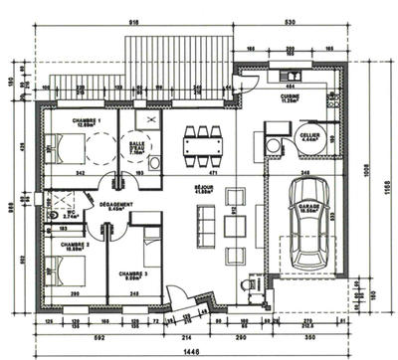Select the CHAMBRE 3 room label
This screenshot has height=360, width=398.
click(133, 274)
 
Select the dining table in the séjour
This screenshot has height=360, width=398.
click(205, 145)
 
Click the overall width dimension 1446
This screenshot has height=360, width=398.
click(189, 353)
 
